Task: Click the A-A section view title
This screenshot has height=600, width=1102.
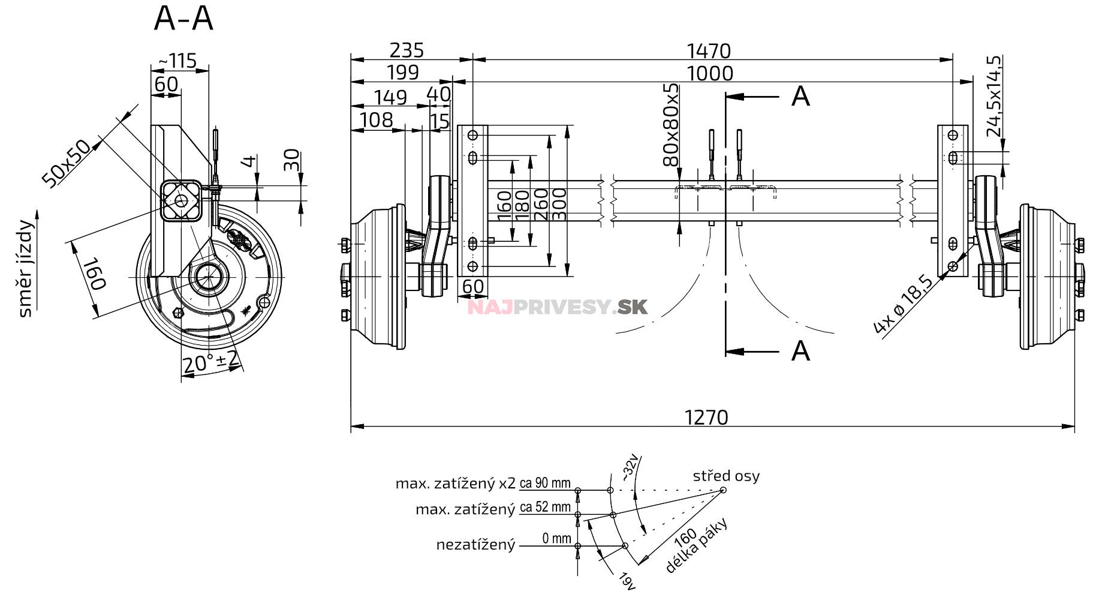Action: click(x=183, y=19)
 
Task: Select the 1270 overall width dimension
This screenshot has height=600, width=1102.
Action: click(x=706, y=417)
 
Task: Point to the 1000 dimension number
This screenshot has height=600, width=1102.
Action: click(x=709, y=73)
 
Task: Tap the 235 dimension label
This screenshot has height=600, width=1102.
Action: click(x=407, y=50)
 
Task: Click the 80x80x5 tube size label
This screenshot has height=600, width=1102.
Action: click(x=671, y=125)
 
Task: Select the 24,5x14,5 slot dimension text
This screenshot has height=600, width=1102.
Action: click(x=993, y=96)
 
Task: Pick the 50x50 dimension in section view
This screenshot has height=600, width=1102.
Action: click(x=66, y=163)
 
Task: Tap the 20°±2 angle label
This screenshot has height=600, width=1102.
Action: click(x=210, y=362)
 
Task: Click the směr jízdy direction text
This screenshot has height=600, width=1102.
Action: click(x=25, y=268)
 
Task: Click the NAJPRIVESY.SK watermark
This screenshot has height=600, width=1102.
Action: click(x=557, y=307)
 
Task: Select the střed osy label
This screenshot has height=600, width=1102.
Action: click(x=725, y=476)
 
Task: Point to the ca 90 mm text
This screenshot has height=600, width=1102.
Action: click(x=544, y=483)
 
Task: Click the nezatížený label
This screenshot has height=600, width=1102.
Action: click(x=475, y=545)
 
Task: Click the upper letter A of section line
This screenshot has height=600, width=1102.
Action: click(x=800, y=96)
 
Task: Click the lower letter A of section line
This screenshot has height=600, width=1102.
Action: click(x=800, y=351)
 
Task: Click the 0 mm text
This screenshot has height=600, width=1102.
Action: click(x=556, y=539)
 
